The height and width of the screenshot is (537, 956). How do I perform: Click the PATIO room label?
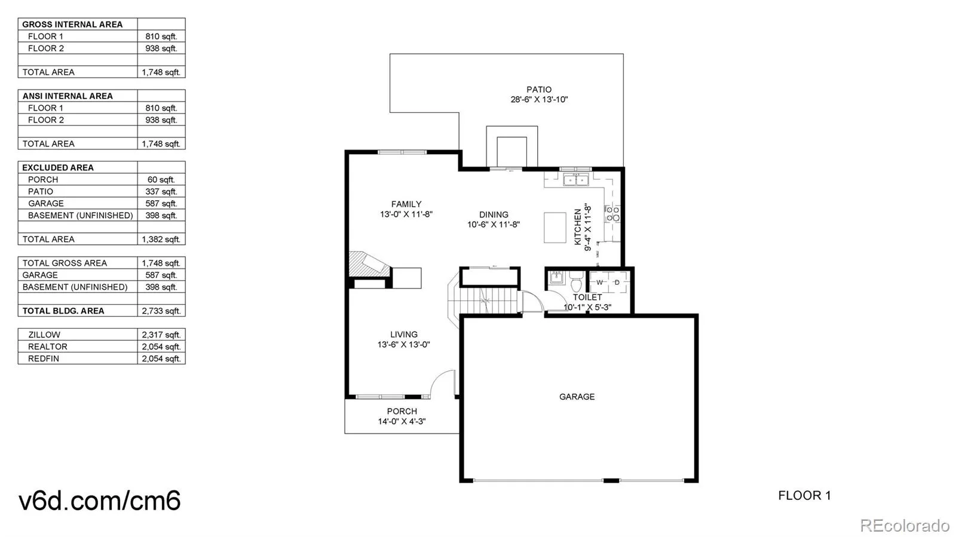click(539, 90)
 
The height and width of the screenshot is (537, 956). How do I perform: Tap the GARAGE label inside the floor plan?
click(577, 397)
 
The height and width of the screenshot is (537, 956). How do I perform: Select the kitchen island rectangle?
click(555, 228)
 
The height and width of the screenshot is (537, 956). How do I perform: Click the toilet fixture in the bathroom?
click(576, 281)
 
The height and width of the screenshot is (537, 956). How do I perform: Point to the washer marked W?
click(599, 282)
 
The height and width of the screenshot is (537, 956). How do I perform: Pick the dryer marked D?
click(617, 282)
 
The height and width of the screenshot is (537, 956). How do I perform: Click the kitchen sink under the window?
click(576, 180)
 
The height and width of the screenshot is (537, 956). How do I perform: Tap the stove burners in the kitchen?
click(613, 214)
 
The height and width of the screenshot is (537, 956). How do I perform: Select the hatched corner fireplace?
click(369, 264)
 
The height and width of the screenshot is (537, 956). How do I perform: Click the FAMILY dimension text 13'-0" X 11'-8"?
click(406, 214)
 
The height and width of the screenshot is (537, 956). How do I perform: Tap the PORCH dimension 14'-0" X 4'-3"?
click(402, 421)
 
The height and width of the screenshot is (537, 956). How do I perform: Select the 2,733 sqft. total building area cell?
click(161, 311)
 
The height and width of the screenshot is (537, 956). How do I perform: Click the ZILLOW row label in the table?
click(44, 335)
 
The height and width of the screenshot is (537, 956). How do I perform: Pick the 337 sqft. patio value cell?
click(161, 192)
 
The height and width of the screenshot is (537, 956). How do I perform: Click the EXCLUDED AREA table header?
click(58, 168)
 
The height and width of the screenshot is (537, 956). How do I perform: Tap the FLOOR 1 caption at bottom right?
click(804, 496)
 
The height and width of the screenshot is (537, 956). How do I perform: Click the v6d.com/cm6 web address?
click(99, 501)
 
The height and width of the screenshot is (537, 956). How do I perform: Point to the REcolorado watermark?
click(905, 524)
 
